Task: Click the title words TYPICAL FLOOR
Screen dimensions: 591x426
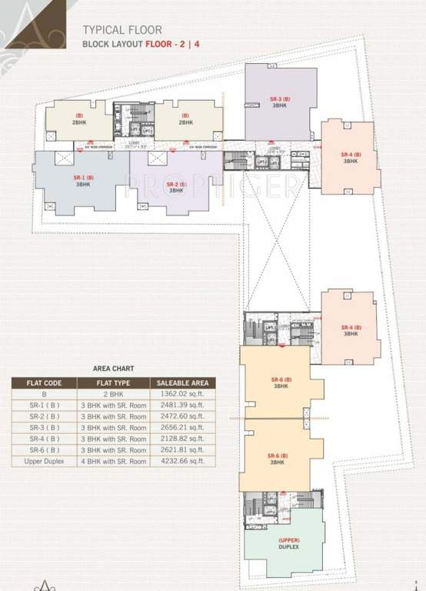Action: click(122, 30)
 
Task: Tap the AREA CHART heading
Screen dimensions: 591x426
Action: click(114, 368)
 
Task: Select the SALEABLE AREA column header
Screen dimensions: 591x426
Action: click(182, 382)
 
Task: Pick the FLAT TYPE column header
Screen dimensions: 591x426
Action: click(113, 382)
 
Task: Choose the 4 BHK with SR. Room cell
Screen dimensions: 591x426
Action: click(114, 460)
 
